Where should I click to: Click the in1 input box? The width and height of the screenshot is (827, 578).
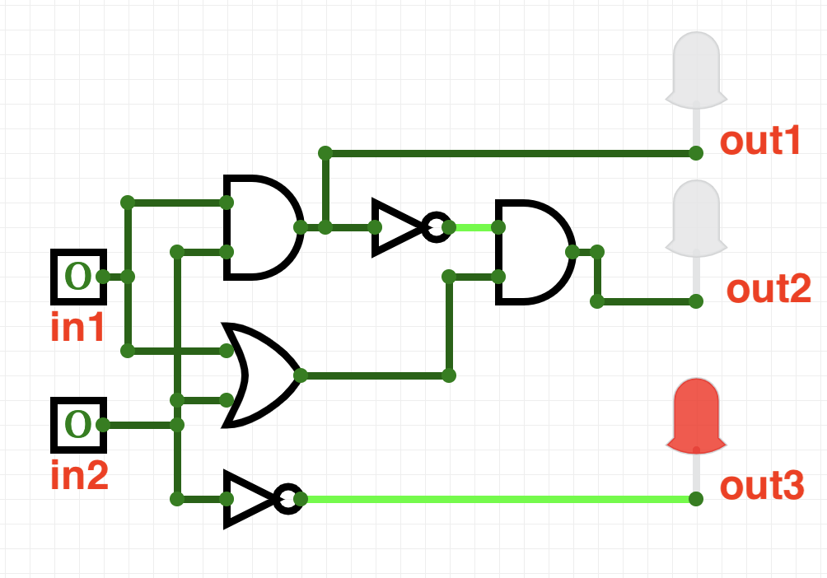coord(78,276)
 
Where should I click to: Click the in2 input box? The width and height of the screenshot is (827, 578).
coord(78,425)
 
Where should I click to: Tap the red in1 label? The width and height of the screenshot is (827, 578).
coord(78,328)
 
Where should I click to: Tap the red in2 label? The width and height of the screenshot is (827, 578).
coord(78,477)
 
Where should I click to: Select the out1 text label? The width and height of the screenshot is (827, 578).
coord(760,142)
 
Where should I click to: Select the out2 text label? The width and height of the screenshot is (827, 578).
coord(768,290)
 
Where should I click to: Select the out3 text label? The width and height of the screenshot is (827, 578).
coord(760,487)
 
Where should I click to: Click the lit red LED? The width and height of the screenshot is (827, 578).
coord(696,416)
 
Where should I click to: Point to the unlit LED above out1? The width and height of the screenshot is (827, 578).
coord(696,70)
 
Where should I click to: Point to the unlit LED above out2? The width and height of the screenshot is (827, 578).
coord(696,218)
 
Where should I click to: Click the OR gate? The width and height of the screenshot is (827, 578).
coord(259,375)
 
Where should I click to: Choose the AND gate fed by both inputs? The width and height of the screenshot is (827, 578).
coord(258,226)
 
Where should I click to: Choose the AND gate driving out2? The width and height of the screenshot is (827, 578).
coord(531,252)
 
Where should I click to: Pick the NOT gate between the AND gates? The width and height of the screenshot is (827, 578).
coord(399,226)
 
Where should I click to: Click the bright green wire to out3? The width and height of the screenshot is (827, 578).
coord(494,499)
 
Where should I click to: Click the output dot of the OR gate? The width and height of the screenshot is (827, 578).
coord(300,375)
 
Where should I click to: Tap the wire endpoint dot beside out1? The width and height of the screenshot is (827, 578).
coord(696,153)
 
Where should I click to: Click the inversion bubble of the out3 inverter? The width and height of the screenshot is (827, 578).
coord(287,498)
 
